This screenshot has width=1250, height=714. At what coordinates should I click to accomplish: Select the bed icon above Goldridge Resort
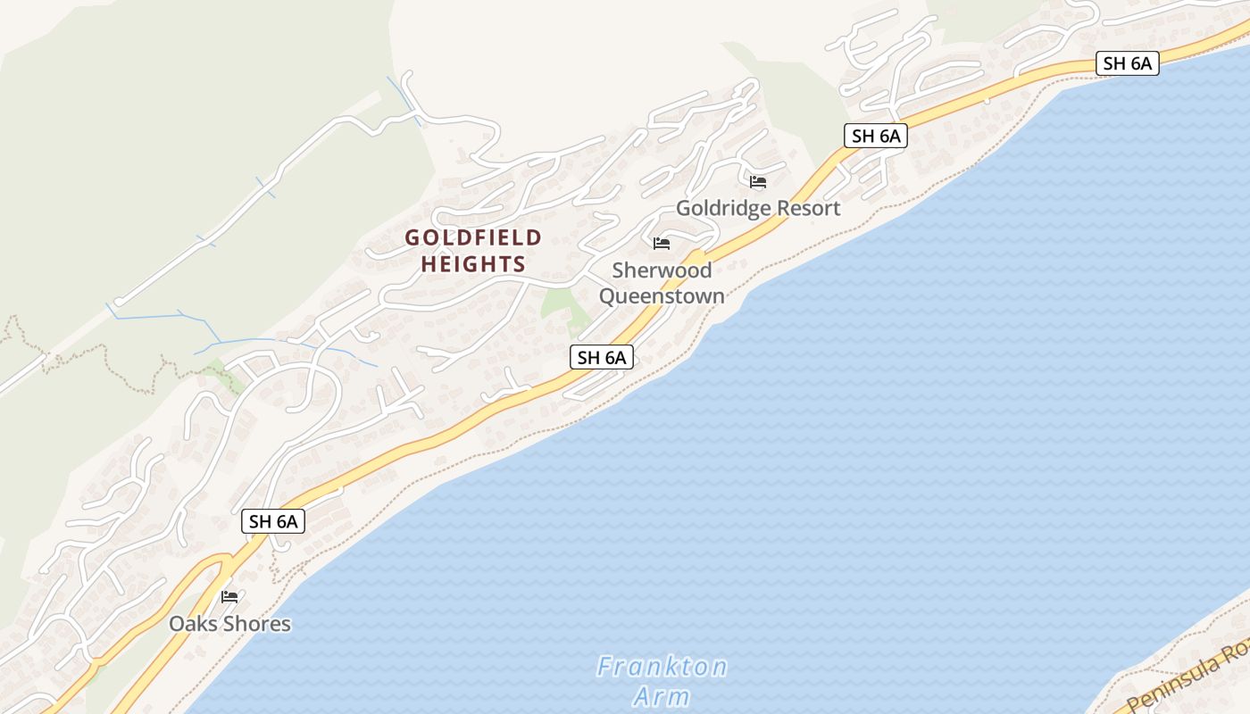758,182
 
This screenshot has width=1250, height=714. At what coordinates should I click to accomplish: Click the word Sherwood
662,270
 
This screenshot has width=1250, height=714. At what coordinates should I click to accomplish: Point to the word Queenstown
662,295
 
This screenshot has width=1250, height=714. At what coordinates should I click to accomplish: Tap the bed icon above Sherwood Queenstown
662,244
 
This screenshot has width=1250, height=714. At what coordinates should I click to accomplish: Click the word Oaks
194,624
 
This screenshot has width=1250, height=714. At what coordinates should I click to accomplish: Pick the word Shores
257,624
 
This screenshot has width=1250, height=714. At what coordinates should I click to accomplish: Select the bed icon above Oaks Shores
229,597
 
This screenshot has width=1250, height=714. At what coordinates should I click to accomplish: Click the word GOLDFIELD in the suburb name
473,238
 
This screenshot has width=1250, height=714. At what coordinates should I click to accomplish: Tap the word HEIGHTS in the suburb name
473,265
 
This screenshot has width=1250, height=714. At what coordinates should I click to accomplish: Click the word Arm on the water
662,696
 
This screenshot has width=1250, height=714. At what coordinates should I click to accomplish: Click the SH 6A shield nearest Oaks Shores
273,522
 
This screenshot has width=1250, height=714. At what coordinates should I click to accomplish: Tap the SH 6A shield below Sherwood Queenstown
602,358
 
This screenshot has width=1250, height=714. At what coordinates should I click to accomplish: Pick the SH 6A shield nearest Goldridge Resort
875,137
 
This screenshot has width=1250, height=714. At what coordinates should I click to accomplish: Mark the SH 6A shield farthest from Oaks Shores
1127,63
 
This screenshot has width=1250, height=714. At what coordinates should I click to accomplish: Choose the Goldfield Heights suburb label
473,252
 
